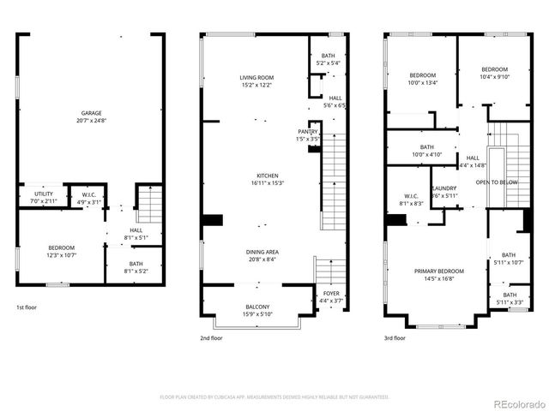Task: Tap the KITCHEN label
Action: pos(256,178)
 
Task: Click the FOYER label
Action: pos(331,296)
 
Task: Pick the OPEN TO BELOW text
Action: pos(496,182)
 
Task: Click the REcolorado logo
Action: pos(517,403)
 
